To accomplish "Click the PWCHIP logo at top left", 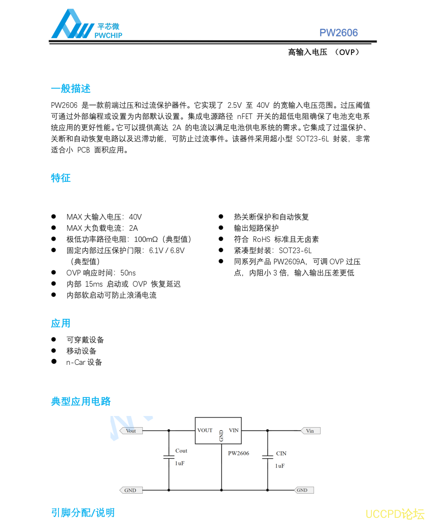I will tap(86, 25).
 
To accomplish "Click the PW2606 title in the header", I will tap(338, 33).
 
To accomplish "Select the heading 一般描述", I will tap(70, 89).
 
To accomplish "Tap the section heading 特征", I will tap(61, 178).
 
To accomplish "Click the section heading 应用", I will tap(61, 323).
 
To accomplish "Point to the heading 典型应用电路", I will tap(81, 401).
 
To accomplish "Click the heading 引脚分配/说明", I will tap(83, 513).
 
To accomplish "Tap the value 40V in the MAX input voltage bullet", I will tap(135, 217).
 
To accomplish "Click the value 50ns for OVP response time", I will tap(128, 273).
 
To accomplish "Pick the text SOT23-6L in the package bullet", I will tap(295, 251).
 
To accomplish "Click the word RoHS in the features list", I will tap(261, 239).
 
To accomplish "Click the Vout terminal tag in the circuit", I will tap(130, 431).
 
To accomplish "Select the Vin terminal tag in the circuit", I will tap(310, 431).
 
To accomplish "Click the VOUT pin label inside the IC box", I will tap(205, 430).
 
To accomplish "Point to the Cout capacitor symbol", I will tap(169, 457).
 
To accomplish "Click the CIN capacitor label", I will tap(281, 453).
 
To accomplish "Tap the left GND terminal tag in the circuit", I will tap(129, 490).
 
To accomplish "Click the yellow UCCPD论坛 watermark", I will tap(395, 514).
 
